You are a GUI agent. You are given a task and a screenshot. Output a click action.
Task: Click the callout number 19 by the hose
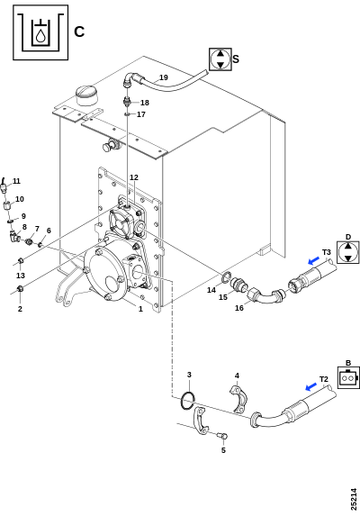pos(164,77)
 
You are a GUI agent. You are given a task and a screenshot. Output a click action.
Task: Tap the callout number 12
pos(134,177)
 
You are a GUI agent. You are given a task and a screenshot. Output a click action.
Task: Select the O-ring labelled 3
pos(188,400)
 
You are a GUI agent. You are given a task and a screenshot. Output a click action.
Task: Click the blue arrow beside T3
pos(313,261)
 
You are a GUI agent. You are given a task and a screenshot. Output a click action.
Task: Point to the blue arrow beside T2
pos(311,387)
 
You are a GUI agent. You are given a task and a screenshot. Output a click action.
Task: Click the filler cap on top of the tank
pos(86,95)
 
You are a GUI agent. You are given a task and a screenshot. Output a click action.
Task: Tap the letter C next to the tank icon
pos(79,32)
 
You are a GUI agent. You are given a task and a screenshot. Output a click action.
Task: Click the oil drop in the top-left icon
pos(40,36)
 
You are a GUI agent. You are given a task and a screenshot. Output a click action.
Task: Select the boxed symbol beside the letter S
pos(220,59)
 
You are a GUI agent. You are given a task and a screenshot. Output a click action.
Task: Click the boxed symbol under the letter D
pos(347,252)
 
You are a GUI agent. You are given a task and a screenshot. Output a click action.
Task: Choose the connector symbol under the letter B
pos(348,378)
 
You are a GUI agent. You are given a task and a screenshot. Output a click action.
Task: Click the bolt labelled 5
pos(222,436)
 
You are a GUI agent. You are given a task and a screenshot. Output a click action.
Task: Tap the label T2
pos(324,379)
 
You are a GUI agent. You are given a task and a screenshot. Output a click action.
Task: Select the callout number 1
pos(140,309)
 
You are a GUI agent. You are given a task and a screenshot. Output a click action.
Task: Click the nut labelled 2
pos(20,288)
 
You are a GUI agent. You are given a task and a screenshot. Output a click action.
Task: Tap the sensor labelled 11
pos(4,186)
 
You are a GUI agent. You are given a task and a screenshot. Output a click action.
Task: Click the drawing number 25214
pos(354,499)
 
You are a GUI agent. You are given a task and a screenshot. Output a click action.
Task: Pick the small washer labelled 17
pos(128,114)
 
